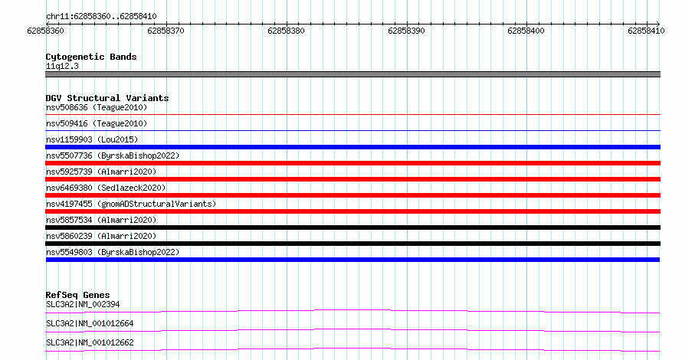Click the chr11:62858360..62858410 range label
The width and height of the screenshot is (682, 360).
click(101, 17)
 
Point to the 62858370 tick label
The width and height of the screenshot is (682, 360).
click(166, 31)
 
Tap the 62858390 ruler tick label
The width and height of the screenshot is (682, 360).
click(406, 31)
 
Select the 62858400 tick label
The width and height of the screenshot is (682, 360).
click(526, 31)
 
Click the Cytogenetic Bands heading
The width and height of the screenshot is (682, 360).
click(91, 57)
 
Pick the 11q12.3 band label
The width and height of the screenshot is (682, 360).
click(62, 66)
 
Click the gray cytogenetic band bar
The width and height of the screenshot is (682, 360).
click(352, 74)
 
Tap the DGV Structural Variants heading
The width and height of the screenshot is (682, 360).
click(107, 98)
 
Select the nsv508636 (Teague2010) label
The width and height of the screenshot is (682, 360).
click(97, 107)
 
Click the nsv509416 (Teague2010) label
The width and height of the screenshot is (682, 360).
click(97, 123)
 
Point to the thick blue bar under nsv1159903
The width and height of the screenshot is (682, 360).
click(352, 147)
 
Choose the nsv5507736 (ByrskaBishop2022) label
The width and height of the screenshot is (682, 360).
click(113, 155)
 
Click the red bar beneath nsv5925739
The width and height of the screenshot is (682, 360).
click(352, 179)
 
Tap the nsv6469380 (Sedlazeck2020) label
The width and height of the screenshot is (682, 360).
click(106, 188)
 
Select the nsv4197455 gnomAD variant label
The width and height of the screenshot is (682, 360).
click(131, 204)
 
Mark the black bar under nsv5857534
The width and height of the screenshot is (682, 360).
click(352, 227)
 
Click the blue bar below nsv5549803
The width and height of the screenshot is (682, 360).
click(352, 260)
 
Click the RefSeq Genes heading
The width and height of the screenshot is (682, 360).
click(77, 295)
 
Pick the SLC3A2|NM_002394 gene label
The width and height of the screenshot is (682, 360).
click(83, 304)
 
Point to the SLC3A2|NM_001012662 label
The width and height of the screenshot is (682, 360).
click(90, 342)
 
